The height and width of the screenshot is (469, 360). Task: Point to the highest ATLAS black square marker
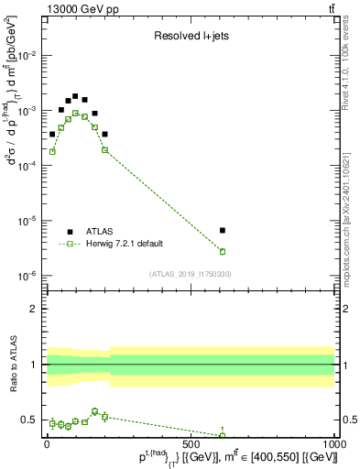74,96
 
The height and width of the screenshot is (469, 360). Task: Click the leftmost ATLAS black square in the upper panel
52,134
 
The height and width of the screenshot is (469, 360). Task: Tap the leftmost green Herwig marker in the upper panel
52,151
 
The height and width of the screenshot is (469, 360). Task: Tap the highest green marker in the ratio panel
95,411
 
